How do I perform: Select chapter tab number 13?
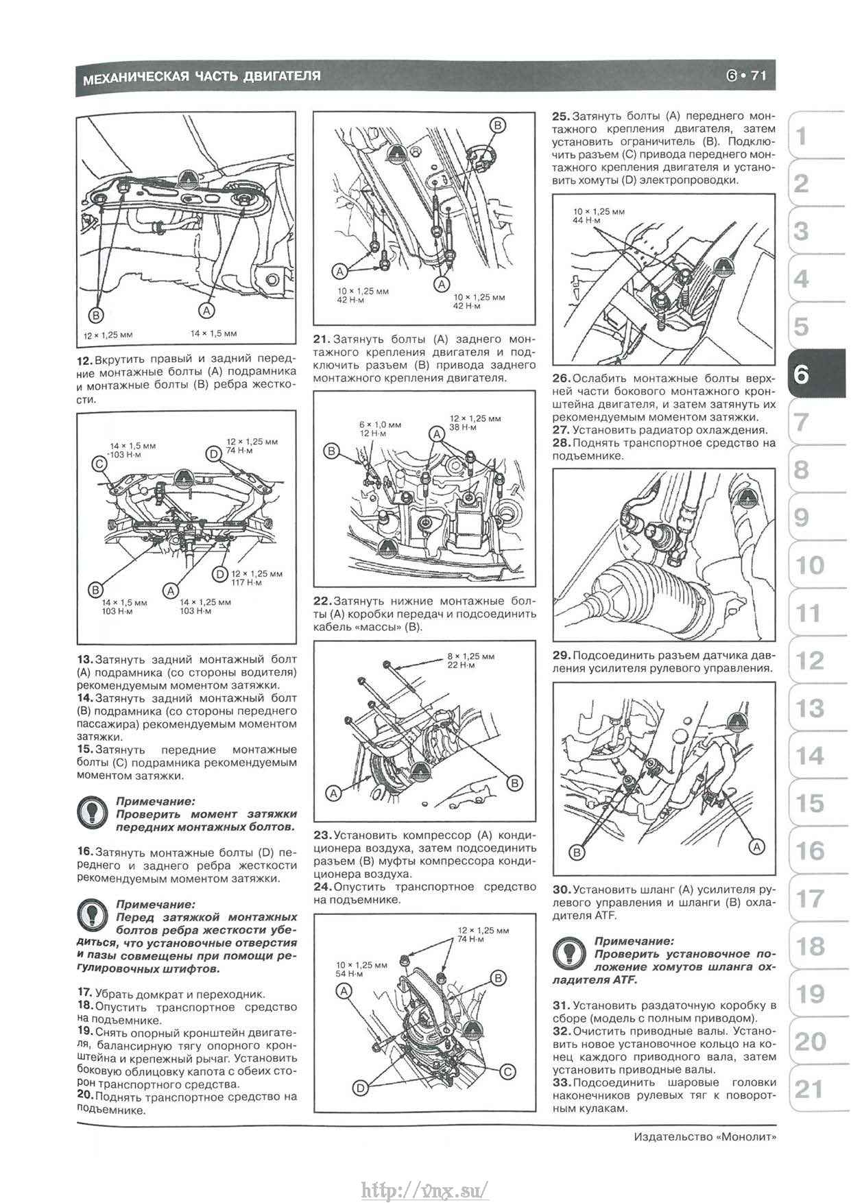pyautogui.click(x=809, y=708)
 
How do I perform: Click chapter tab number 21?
pyautogui.click(x=809, y=1089)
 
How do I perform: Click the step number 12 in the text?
pyautogui.click(x=84, y=359)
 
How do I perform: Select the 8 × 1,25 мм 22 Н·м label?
pyautogui.click(x=471, y=660)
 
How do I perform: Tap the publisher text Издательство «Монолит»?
pyautogui.click(x=706, y=1136)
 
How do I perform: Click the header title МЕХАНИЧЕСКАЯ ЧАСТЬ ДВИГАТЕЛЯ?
pyautogui.click(x=202, y=77)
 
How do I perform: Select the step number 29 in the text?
pyautogui.click(x=561, y=655)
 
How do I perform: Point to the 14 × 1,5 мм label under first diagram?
pyautogui.click(x=213, y=333)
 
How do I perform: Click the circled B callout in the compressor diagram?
pyautogui.click(x=514, y=783)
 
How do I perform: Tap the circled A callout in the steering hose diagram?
pyautogui.click(x=756, y=848)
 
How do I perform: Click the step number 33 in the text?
pyautogui.click(x=561, y=1082)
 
